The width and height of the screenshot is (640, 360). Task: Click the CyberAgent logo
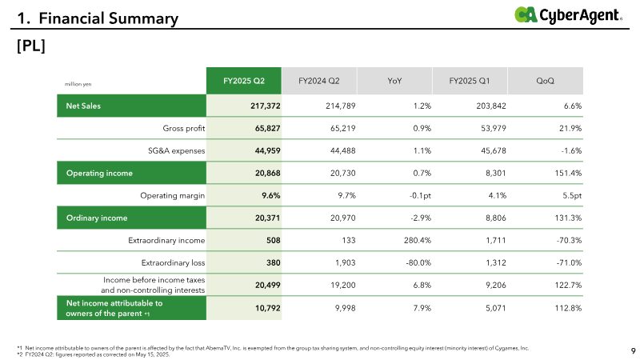(x=568, y=15)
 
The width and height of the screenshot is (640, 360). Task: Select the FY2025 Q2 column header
(x=244, y=81)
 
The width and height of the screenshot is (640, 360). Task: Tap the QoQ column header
(x=546, y=81)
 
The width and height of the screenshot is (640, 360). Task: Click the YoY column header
(x=394, y=81)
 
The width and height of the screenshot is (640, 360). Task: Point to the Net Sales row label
(x=83, y=106)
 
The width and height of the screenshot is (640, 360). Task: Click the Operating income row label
(x=99, y=173)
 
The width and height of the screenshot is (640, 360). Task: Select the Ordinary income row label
(x=97, y=218)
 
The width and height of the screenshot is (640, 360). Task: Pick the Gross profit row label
(x=184, y=128)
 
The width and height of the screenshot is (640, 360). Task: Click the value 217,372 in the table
(x=266, y=106)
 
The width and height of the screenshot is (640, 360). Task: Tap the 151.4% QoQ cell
(x=568, y=173)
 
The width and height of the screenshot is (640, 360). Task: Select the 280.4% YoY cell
(x=418, y=241)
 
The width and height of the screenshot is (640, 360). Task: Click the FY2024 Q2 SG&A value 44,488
(x=343, y=150)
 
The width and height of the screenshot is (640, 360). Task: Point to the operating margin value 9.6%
(x=271, y=195)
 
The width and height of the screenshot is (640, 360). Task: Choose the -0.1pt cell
(x=420, y=195)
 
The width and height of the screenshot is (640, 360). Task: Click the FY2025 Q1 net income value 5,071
(x=495, y=308)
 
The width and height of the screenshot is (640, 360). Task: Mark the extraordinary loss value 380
(x=274, y=263)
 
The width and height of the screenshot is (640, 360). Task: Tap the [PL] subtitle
(x=31, y=46)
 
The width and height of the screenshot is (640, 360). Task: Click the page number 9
(x=633, y=350)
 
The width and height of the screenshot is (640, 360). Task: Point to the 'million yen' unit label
(x=78, y=84)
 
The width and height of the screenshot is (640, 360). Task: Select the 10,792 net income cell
(x=268, y=308)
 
